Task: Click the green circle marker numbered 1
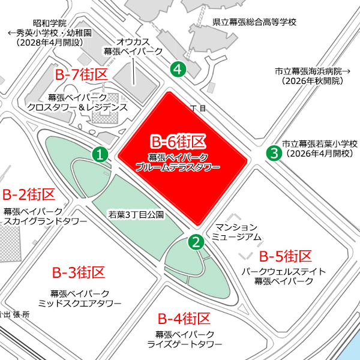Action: pyautogui.click(x=101, y=154)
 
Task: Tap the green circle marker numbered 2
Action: pyautogui.click(x=196, y=242)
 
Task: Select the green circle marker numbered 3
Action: pyautogui.click(x=274, y=153)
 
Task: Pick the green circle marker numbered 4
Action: pyautogui.click(x=178, y=69)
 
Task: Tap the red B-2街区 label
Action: pyautogui.click(x=29, y=194)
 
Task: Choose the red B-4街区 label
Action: pyautogui.click(x=184, y=318)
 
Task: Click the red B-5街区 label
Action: pyautogui.click(x=286, y=256)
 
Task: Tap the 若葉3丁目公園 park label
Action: pyautogui.click(x=136, y=214)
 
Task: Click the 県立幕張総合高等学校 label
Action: pyautogui.click(x=255, y=23)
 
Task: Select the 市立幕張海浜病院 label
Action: pyautogui.click(x=316, y=71)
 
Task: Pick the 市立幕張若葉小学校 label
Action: pyautogui.click(x=320, y=144)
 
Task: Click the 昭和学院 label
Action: pyautogui.click(x=50, y=22)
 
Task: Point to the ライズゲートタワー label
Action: pyautogui.click(x=185, y=344)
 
